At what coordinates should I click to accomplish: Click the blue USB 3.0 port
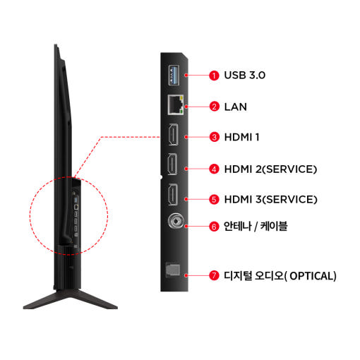pos(174,76)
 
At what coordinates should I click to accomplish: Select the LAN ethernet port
pos(176,104)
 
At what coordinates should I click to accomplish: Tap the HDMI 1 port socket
pos(173,134)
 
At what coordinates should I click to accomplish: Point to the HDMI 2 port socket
pos(172,164)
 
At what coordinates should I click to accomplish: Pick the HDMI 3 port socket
pos(173,195)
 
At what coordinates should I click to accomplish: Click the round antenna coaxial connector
pos(176,221)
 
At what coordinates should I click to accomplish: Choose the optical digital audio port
pos(173,270)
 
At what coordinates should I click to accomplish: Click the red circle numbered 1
pos(214,76)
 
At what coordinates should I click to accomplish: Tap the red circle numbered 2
pos(214,107)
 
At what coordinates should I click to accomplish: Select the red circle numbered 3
pos(214,137)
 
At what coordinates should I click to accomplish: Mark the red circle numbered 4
pos(214,169)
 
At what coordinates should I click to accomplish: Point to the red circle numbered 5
pos(214,199)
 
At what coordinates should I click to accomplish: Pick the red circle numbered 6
pos(214,227)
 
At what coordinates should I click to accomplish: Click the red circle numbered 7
pos(214,275)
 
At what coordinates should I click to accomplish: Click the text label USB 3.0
pos(245,76)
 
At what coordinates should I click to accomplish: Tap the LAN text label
pos(236,107)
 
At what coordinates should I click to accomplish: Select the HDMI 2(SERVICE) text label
pos(270,169)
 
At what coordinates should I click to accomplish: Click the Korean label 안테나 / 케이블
pos(256,227)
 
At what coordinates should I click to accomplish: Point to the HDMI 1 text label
pos(242,137)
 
